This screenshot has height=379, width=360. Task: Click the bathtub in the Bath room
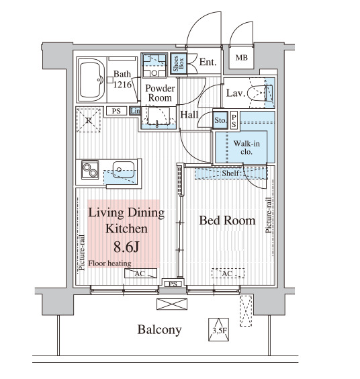91,79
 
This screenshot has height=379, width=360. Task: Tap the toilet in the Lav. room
259,93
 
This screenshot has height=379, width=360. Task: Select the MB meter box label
242,58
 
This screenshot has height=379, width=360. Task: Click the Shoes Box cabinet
179,63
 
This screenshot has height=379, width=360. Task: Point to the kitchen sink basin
123,170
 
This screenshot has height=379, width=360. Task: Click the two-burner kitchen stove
90,170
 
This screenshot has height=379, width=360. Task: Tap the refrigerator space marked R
89,120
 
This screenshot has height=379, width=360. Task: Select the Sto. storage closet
220,120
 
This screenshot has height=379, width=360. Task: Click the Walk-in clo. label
246,147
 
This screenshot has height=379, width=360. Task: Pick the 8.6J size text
126,247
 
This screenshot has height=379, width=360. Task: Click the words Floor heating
109,263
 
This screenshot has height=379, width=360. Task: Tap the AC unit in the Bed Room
228,273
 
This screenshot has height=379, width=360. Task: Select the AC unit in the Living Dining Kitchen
140,273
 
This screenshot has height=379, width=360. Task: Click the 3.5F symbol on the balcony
219,329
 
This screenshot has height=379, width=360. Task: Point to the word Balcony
159,330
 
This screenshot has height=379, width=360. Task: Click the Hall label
189,114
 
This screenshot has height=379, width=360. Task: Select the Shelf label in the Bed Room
231,173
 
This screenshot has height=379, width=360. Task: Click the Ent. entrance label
208,62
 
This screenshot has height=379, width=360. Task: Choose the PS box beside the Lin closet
116,111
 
